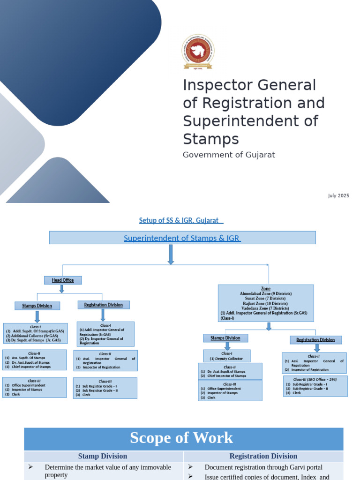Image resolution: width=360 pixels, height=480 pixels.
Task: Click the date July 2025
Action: pos(338,195)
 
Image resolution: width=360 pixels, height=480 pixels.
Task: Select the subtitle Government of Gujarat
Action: pos(229,155)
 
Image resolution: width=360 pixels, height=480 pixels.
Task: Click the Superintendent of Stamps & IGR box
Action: pos(182,238)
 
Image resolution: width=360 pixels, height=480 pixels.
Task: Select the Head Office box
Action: pos(63,280)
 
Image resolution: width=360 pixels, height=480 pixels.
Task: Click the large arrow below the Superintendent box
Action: pos(171,255)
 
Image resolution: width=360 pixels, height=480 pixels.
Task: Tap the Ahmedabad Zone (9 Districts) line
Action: pos(266,293)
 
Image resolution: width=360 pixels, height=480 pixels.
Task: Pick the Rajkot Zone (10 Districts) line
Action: pos(266,304)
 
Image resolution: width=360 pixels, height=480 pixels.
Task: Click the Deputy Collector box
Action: pos(227,356)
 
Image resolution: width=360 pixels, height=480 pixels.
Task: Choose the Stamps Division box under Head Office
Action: pos(37,306)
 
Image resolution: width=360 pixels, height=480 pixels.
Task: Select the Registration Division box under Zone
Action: pos(315,340)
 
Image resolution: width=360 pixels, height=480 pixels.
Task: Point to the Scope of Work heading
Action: pos(181,438)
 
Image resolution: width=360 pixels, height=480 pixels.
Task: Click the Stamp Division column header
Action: pos(103,456)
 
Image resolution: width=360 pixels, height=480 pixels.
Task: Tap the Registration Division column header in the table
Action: pos(263,456)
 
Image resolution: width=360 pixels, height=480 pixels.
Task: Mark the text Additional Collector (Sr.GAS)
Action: pos(33,336)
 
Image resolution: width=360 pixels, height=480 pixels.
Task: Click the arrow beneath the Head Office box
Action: pos(61,289)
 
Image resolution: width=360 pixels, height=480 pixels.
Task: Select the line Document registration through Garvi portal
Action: pos(263,467)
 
